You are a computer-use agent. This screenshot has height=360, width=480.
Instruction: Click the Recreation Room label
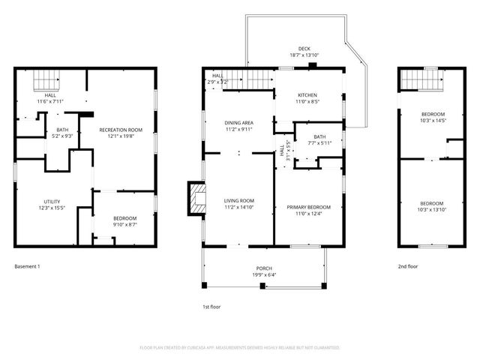[x=120, y=130]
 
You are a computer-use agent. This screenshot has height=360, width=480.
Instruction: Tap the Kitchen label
[x=307, y=95]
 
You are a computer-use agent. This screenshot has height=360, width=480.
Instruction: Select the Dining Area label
[x=238, y=122]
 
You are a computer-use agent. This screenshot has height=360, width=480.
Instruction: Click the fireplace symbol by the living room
[x=196, y=199]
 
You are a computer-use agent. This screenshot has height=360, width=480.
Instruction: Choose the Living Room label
[x=238, y=201]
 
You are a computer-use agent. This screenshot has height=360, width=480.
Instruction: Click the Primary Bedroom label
[x=307, y=208]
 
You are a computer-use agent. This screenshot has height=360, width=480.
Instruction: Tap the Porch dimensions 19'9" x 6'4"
[x=263, y=275]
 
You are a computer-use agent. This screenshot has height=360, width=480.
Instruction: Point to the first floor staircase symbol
[x=250, y=78]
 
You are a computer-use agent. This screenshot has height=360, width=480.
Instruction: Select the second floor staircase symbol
[x=420, y=78]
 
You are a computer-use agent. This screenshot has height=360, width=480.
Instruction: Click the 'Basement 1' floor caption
[x=27, y=266]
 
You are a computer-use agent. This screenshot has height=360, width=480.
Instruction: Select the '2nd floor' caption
[x=408, y=266]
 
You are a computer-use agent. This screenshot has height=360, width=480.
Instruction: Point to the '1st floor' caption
[x=211, y=306]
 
